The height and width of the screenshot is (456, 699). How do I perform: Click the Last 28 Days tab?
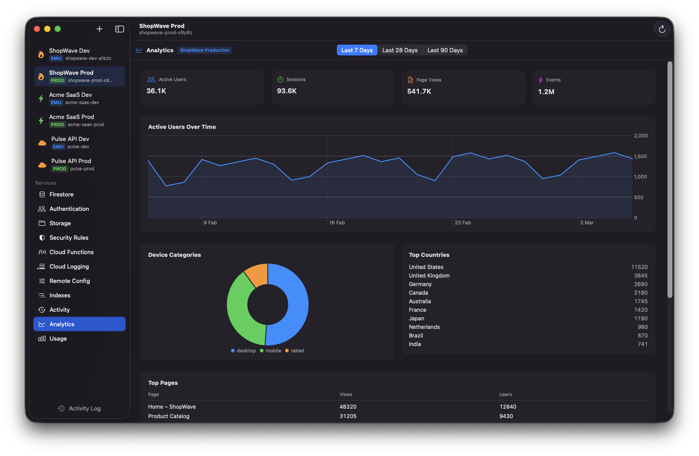tap(399, 50)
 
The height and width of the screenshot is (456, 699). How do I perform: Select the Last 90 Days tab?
tap(445, 50)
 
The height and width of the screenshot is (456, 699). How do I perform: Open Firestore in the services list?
tap(61, 194)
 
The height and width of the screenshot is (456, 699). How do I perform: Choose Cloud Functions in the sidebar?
tap(71, 252)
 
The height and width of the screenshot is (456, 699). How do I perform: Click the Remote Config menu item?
tap(69, 281)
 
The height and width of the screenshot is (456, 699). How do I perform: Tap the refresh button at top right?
tap(662, 29)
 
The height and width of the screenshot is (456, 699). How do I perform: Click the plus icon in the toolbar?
tap(100, 29)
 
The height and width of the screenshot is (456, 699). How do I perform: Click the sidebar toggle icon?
tap(119, 29)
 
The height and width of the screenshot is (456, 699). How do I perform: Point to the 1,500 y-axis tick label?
tap(640, 156)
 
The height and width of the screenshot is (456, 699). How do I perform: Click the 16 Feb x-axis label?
tap(337, 223)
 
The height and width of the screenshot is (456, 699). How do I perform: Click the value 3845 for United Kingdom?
tap(640, 276)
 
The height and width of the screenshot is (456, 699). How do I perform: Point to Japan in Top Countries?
tap(416, 319)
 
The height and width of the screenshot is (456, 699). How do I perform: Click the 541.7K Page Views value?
tap(419, 91)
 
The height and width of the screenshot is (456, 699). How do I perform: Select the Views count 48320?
tap(348, 407)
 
